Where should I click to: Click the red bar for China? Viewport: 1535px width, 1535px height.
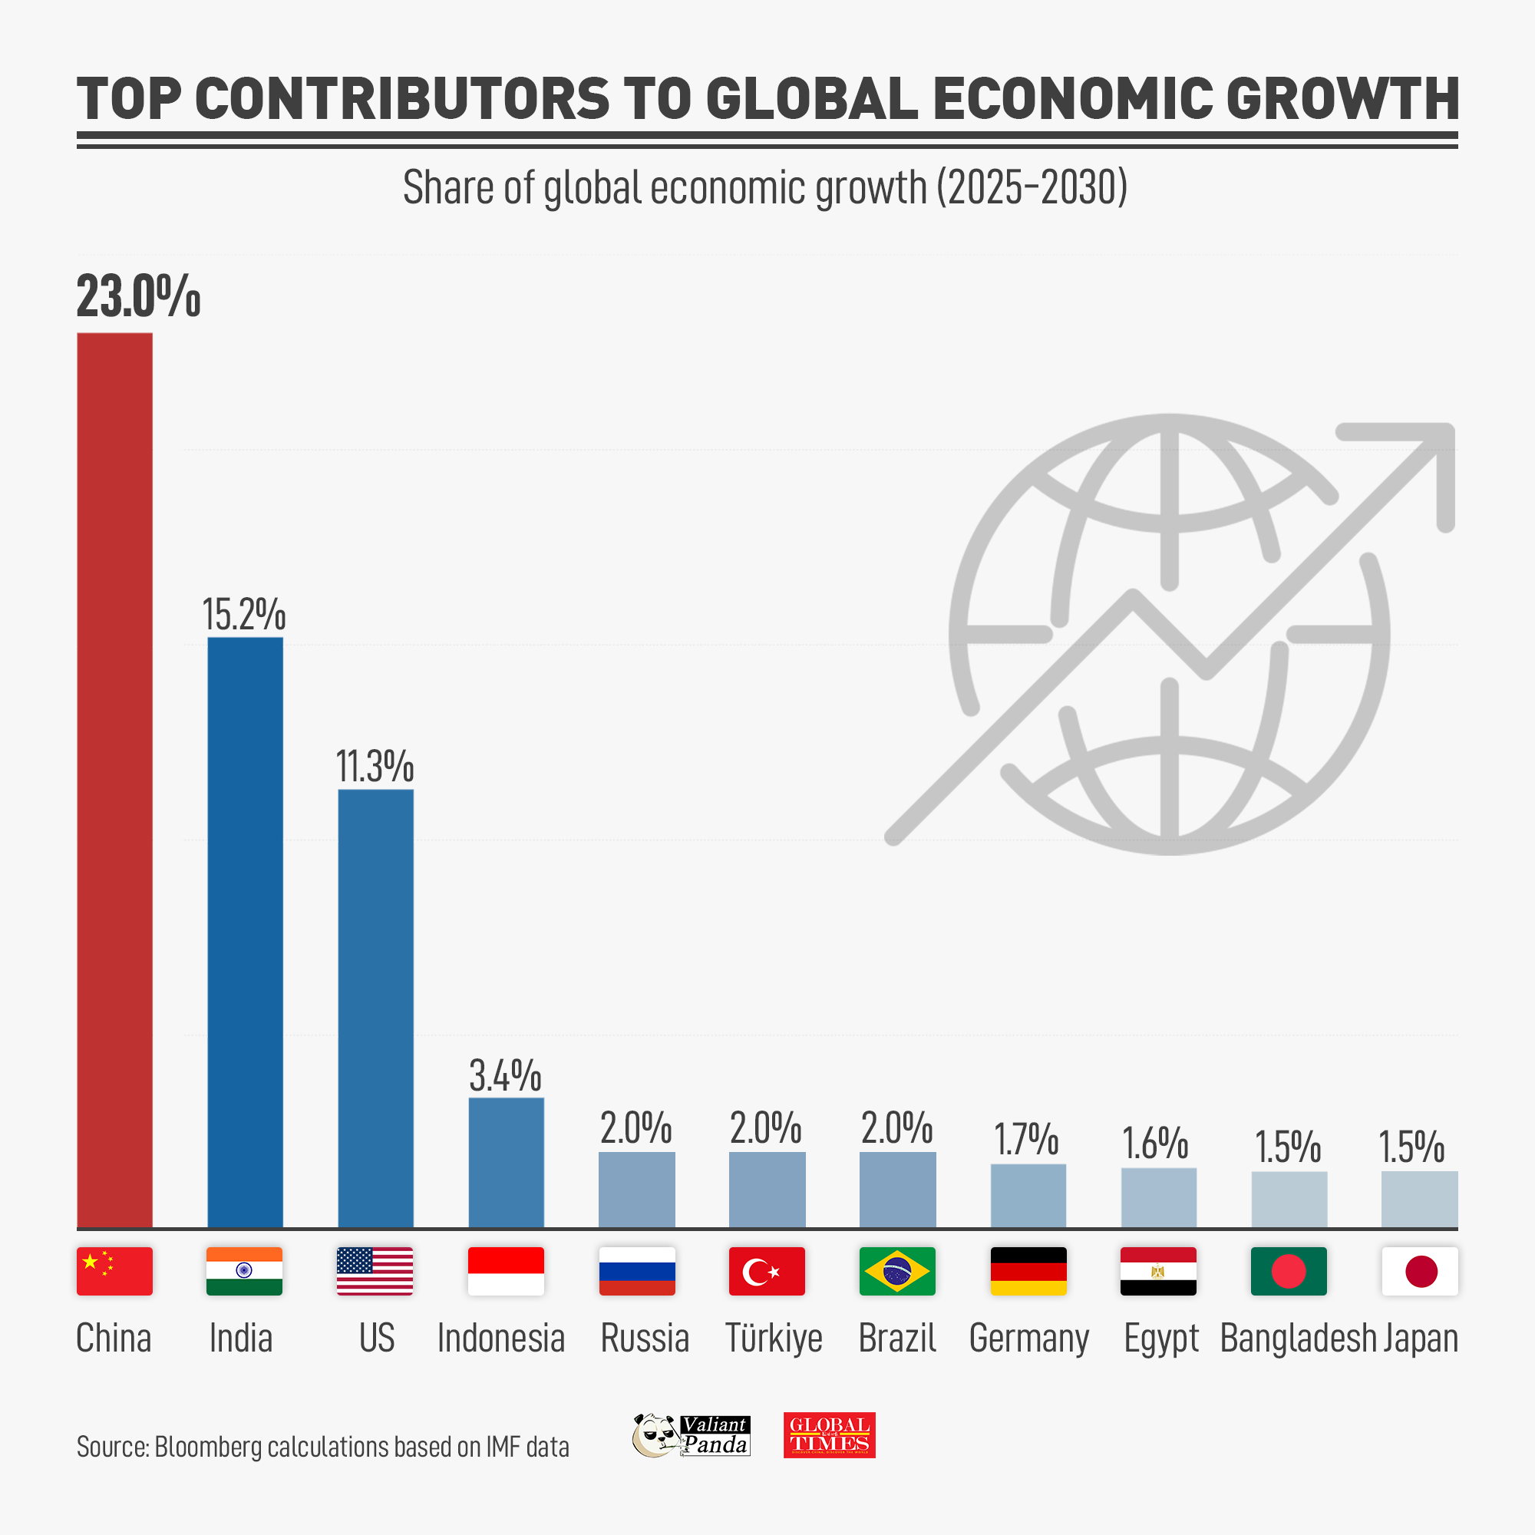114,778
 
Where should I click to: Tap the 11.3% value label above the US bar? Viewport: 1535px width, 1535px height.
375,766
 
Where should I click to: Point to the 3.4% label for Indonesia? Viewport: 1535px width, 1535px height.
505,1076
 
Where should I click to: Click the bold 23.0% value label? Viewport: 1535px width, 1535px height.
138,296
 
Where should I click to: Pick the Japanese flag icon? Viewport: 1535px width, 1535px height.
1419,1271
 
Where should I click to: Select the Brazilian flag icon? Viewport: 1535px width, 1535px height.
897,1271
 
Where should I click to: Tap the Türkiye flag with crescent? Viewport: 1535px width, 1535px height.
767,1271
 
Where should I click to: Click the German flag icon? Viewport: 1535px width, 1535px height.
1028,1271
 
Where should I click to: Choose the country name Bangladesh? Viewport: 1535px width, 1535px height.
1297,1338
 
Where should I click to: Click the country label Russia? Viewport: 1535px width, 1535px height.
645,1338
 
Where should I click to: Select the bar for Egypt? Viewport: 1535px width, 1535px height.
1158,1197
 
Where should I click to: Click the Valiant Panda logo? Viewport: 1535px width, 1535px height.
691,1435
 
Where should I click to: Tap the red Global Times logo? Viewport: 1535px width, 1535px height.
829,1435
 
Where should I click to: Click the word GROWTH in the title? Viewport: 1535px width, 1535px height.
1342,99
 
